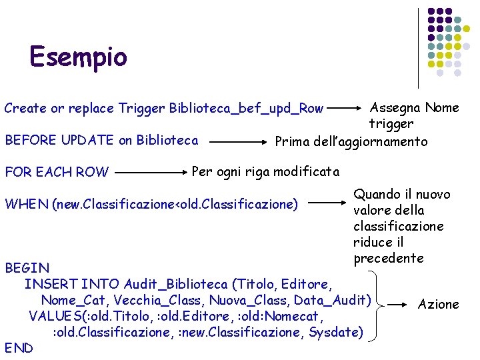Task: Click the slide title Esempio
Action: pyautogui.click(x=78, y=57)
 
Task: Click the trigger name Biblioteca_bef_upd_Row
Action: pyautogui.click(x=247, y=108)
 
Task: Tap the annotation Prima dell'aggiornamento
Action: pyautogui.click(x=351, y=141)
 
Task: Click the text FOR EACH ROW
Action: pyautogui.click(x=56, y=171)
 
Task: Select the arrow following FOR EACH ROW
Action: pyautogui.click(x=152, y=171)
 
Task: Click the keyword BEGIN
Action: pyautogui.click(x=27, y=268)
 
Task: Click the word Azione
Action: pyautogui.click(x=438, y=304)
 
